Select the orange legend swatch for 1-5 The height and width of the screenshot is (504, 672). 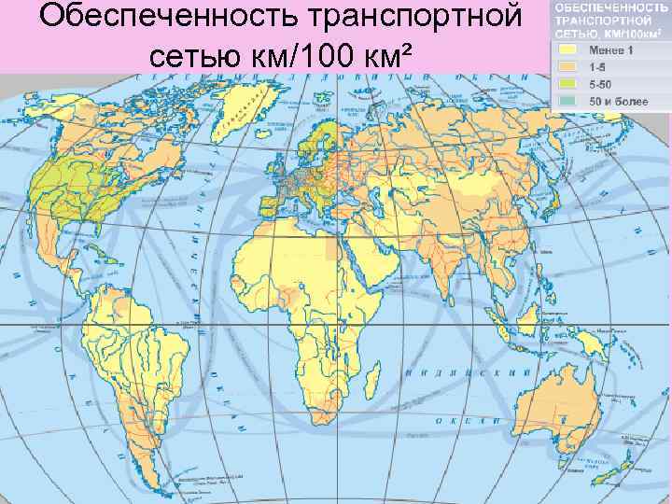pyautogui.click(x=567, y=66)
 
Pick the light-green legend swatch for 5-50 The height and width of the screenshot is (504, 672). pyautogui.click(x=567, y=84)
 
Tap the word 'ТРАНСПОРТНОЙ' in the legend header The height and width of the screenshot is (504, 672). pyautogui.click(x=595, y=20)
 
